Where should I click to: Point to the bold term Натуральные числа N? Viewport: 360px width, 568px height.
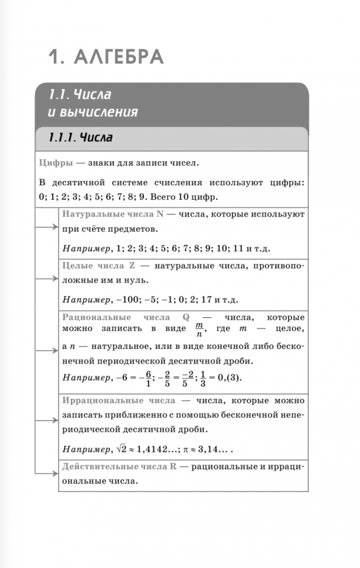pos(112,214)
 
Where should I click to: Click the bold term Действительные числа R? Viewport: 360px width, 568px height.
pos(119,467)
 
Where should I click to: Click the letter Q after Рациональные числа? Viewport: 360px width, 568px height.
pos(186,317)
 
